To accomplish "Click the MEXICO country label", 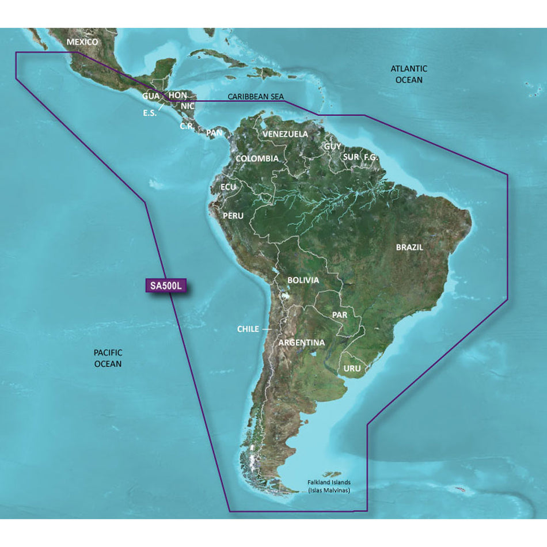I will coord(82,42).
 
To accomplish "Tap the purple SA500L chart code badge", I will coord(165,285).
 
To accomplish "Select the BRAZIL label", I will coord(409,247).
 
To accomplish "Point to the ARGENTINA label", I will coord(302,343).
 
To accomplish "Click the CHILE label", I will coord(248,329).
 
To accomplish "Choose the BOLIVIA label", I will coord(303,280).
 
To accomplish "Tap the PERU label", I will coord(233,215).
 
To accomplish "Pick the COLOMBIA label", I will coord(257,158).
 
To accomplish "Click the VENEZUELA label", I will coord(285,134).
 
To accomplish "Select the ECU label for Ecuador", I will coord(229,187).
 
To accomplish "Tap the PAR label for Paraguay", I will coord(340,315).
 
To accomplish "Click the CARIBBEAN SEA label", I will coord(256,97).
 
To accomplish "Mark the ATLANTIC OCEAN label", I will coord(409,74).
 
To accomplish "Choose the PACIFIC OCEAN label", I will coord(108,358).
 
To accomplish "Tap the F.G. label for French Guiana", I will coord(370,157).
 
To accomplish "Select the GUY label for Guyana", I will coord(332,146).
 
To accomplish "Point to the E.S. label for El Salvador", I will coord(150,113).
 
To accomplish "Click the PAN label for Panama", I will coord(214,132).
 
